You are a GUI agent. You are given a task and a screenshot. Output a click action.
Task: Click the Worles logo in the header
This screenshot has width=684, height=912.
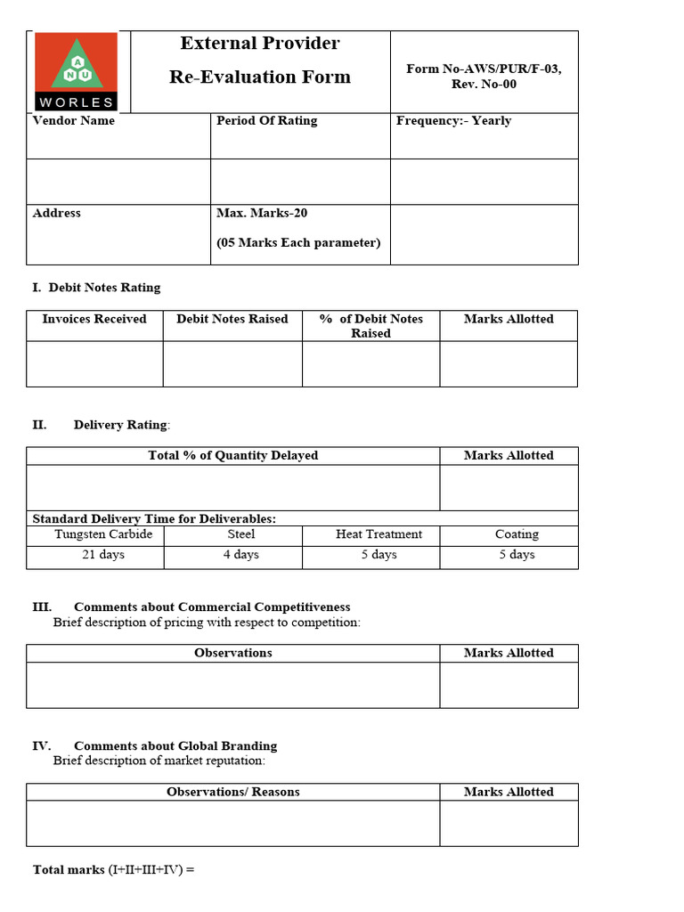click(x=76, y=71)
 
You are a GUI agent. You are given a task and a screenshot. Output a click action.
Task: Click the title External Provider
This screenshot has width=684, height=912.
click(x=259, y=44)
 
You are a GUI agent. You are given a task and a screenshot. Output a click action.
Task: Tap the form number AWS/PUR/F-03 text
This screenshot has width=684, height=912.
click(x=484, y=69)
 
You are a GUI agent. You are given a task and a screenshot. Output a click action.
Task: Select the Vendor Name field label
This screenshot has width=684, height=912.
click(x=73, y=121)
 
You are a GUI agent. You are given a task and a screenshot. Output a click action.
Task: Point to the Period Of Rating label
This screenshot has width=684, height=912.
click(x=266, y=121)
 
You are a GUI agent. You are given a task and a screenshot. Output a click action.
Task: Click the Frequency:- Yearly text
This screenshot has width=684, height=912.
click(x=453, y=121)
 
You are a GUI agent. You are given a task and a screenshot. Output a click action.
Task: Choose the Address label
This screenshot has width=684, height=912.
click(x=56, y=214)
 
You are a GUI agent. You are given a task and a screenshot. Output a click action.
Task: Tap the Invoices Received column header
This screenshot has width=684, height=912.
click(x=94, y=319)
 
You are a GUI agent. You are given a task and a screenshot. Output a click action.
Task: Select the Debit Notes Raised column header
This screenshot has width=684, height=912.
click(x=232, y=319)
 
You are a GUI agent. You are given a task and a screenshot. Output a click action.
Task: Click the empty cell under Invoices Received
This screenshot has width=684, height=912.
click(x=94, y=363)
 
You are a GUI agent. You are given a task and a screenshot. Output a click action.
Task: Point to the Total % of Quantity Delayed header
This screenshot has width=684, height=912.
click(x=232, y=455)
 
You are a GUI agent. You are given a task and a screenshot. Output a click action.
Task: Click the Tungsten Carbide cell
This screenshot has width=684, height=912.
click(x=103, y=534)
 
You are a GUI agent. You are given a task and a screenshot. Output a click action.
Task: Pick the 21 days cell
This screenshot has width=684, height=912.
click(x=103, y=555)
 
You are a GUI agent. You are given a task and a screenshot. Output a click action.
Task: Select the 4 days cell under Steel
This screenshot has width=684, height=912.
click(x=240, y=555)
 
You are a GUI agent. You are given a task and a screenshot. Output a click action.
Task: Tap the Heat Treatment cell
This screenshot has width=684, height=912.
click(x=379, y=534)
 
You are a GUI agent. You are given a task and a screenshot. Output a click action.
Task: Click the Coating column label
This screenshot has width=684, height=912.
click(x=517, y=534)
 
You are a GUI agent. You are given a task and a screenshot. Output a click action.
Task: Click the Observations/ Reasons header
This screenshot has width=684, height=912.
click(x=232, y=792)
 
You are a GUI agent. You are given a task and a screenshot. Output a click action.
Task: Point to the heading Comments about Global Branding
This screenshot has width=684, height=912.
click(x=175, y=746)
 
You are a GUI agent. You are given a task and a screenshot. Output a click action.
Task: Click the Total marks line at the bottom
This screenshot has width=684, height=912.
click(x=113, y=869)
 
